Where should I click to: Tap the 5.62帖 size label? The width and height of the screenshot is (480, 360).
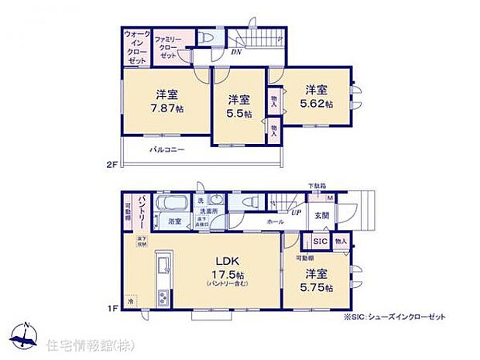(317, 103)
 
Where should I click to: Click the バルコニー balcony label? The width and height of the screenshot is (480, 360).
(167, 149)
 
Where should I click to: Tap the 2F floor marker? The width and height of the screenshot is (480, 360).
(111, 164)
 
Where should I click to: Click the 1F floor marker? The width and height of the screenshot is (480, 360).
(111, 307)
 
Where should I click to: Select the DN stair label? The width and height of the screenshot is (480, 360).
(237, 53)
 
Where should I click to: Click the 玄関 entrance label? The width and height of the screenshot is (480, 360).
(322, 215)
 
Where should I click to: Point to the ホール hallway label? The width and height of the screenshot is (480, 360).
(274, 221)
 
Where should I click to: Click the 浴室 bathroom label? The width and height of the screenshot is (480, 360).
(174, 221)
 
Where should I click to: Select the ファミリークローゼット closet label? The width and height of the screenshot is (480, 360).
(166, 48)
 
